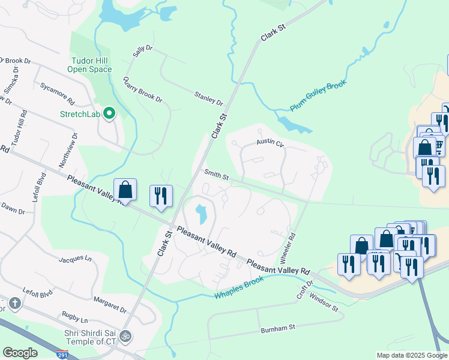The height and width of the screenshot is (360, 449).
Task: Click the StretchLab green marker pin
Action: tap(109, 113)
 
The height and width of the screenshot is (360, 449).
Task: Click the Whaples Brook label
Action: tap(240, 287)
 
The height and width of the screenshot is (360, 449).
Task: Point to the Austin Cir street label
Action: tap(270, 143)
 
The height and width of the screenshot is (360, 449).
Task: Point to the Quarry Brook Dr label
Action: tap(142, 90)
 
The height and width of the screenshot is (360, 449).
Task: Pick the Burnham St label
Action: tap(279, 329)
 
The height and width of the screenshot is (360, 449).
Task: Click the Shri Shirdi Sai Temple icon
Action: tap(126, 335)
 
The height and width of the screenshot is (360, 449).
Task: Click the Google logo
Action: tap(20, 353)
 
